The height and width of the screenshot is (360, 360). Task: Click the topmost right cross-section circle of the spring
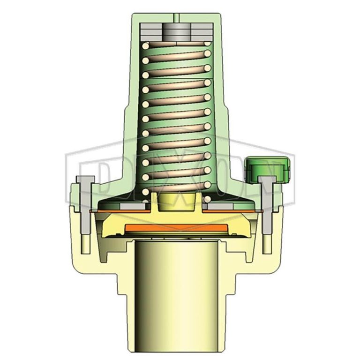[x=206, y=43]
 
